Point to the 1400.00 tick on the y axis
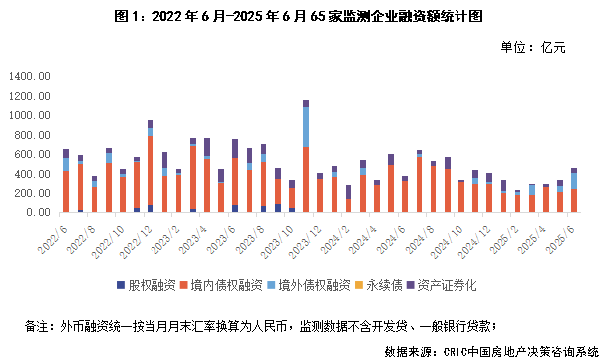pyautogui.click(x=29, y=76)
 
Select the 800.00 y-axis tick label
pyautogui.click(x=31, y=135)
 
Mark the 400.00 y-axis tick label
pyautogui.click(x=31, y=174)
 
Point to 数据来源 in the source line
pyautogui.click(x=412, y=351)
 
